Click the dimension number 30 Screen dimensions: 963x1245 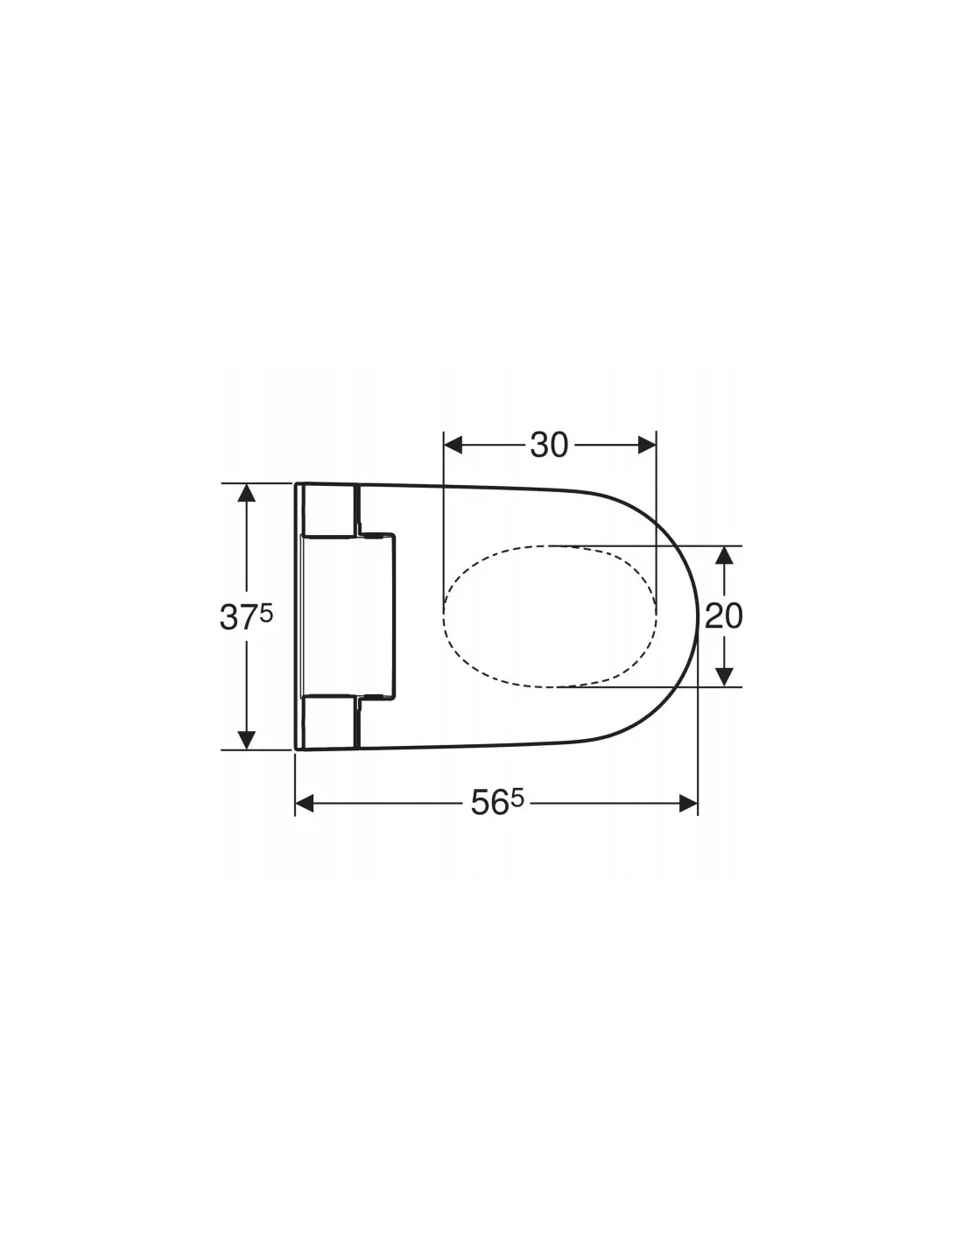tap(548, 445)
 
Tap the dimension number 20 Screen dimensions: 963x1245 tap(723, 615)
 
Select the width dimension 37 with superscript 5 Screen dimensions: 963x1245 tap(246, 617)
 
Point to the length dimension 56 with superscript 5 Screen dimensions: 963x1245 tap(497, 803)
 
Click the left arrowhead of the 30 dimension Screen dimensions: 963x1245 tap(453, 445)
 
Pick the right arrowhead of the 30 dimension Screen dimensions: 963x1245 tap(647, 445)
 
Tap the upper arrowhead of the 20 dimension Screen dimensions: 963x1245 tap(725, 554)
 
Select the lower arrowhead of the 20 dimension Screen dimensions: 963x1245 tap(725, 677)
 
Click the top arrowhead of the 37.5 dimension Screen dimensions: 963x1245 tap(246, 492)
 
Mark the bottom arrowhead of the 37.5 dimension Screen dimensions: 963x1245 tap(246, 740)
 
